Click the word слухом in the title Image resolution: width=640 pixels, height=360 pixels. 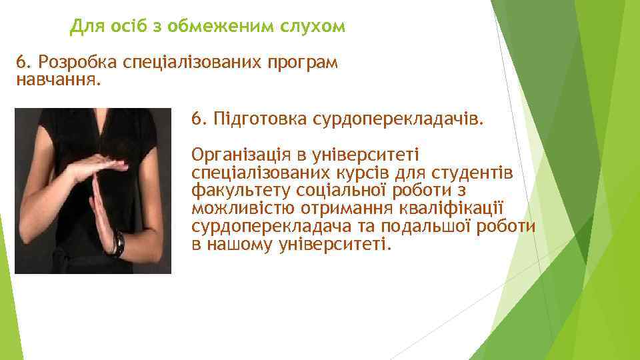click(x=313, y=27)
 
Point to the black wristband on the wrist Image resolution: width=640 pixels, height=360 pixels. click(x=119, y=243)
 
